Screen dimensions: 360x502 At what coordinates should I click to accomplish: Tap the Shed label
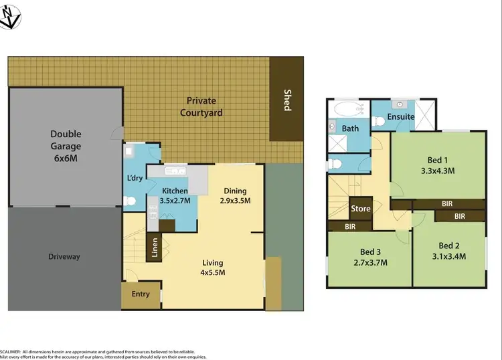coord(287,100)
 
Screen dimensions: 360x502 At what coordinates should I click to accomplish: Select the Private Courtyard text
coord(201,106)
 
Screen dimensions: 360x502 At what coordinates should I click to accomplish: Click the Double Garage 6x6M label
coord(65,146)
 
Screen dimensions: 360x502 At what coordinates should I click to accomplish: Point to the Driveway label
coord(64,256)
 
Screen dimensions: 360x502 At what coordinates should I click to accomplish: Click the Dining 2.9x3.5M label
coord(236,195)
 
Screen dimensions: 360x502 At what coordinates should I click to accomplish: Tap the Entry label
coord(141,294)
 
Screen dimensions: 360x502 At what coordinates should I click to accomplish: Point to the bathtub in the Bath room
coord(346,108)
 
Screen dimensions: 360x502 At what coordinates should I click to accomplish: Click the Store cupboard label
coord(361,209)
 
